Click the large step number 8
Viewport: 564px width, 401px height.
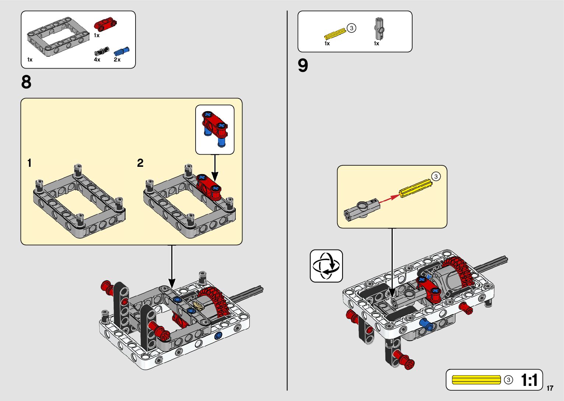click(x=26, y=82)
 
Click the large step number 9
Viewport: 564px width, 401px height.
click(x=303, y=66)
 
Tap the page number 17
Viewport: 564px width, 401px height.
click(x=550, y=388)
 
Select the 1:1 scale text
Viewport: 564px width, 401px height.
click(x=529, y=380)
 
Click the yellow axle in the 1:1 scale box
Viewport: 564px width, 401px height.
click(x=476, y=380)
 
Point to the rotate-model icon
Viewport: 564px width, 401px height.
click(x=326, y=266)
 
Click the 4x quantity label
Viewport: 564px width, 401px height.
click(x=97, y=60)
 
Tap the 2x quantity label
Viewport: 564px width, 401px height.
click(x=117, y=60)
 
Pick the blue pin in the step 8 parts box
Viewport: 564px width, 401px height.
click(x=122, y=51)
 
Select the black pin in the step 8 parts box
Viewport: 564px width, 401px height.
click(x=102, y=51)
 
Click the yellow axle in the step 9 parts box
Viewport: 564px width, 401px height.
click(x=335, y=34)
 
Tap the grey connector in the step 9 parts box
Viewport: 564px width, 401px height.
click(x=379, y=28)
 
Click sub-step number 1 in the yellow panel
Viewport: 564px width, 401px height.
click(x=29, y=163)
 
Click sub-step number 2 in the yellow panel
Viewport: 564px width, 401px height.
click(x=140, y=163)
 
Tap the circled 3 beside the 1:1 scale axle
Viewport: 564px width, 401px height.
click(x=508, y=380)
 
